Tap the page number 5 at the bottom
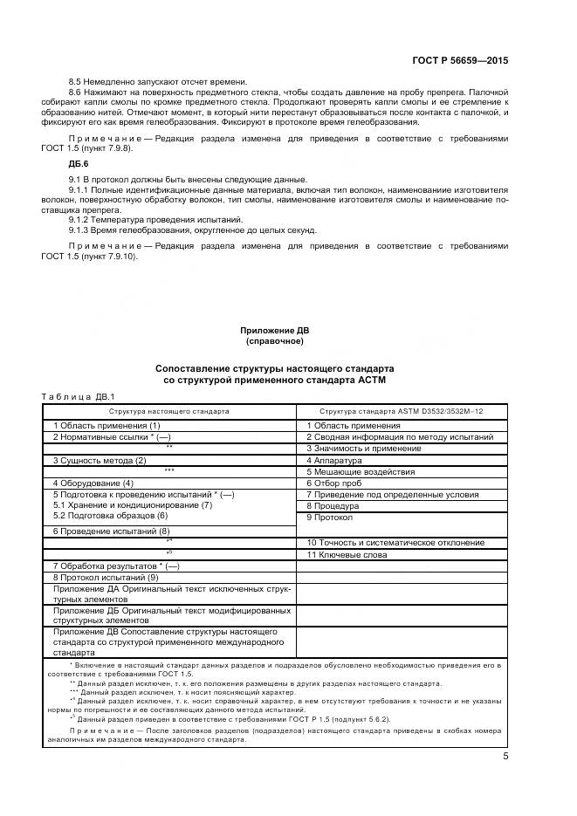coord(505,757)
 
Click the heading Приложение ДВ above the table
coord(275,331)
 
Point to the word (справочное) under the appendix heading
coord(275,341)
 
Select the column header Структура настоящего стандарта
coord(169,409)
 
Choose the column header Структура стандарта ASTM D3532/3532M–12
coord(401,409)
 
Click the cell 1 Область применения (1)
coord(106,425)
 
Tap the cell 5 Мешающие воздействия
coord(354,470)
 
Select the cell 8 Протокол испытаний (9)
coord(106,577)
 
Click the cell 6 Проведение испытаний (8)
coord(111,530)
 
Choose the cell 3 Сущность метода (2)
coord(100,459)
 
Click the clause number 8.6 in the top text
coord(75,92)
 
